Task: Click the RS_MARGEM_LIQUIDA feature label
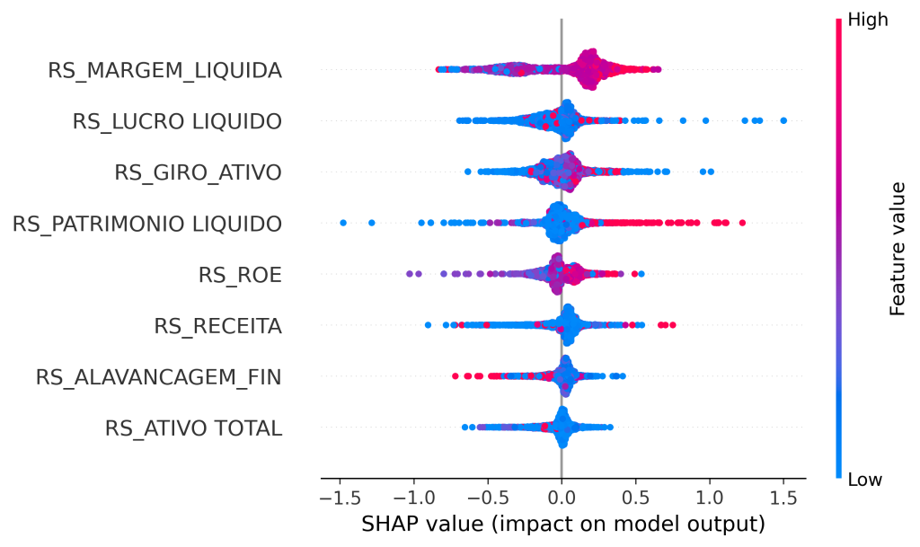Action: tap(165, 70)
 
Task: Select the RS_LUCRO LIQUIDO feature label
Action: tap(177, 121)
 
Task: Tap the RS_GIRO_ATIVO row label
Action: tap(199, 172)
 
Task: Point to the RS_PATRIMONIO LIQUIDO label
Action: tap(147, 224)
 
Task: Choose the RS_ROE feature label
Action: tap(240, 274)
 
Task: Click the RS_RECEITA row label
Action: tap(217, 326)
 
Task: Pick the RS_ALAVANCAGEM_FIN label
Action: tap(159, 377)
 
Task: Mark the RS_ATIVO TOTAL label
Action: tap(194, 428)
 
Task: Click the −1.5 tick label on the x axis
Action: tap(340, 498)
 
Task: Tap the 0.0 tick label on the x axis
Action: tap(562, 498)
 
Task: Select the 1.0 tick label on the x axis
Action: tap(710, 498)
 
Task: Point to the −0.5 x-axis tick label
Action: tap(488, 498)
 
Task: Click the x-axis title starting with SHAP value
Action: tap(563, 524)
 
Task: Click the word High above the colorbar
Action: tap(869, 20)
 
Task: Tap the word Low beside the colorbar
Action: tap(865, 479)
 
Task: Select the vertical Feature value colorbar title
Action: tap(898, 249)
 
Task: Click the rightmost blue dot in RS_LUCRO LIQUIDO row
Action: tap(783, 120)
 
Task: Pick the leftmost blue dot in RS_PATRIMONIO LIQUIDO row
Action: tap(343, 223)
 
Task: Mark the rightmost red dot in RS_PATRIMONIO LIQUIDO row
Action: tap(742, 223)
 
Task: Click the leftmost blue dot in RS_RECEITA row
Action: tap(428, 325)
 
